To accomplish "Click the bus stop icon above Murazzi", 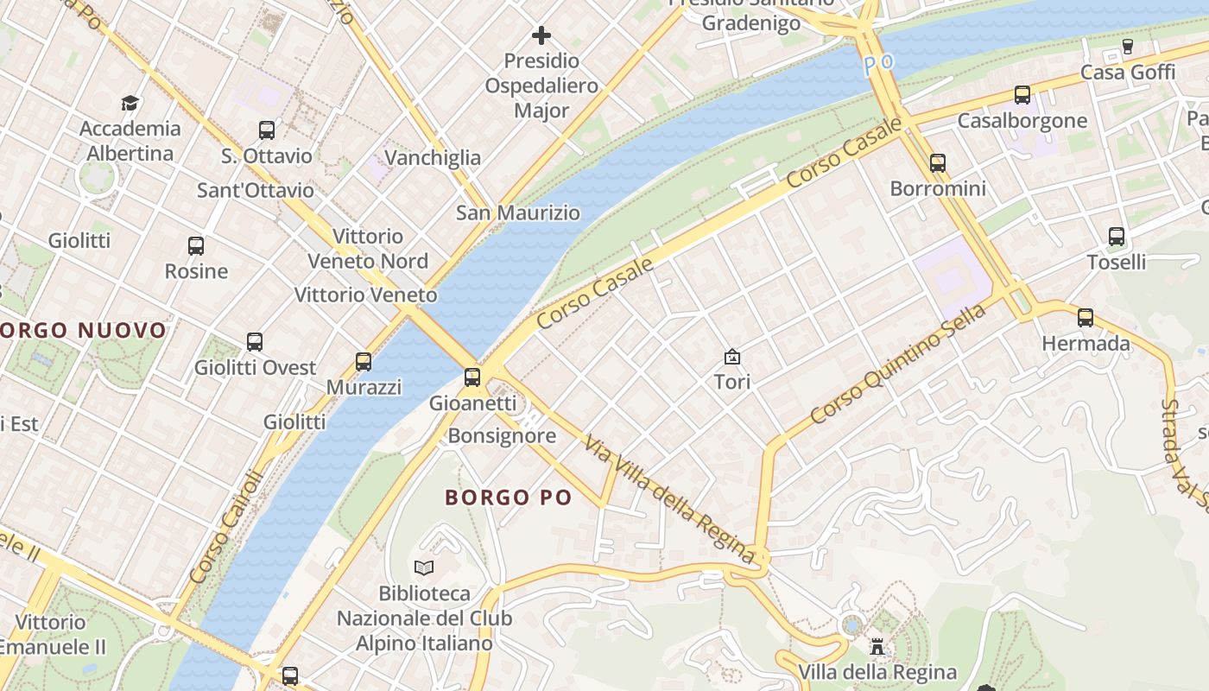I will [364, 361].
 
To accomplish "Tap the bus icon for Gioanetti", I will [472, 377].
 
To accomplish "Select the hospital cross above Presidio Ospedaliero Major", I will [541, 35].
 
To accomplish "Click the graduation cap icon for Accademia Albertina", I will [130, 103].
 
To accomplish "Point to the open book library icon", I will [423, 567].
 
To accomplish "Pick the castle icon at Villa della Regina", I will [877, 646].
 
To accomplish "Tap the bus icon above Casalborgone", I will [1022, 94].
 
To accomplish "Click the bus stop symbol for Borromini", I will [938, 162].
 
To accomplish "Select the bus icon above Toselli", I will [1117, 236].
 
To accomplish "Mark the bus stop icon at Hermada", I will [1086, 317].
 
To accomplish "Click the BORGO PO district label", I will [509, 498].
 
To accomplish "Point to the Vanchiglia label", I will [433, 157].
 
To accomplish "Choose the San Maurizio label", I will [518, 212].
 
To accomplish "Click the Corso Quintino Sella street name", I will [898, 363].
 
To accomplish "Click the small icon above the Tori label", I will [732, 356].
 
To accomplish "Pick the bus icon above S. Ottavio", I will [267, 130].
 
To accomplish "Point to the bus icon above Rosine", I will [196, 245].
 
